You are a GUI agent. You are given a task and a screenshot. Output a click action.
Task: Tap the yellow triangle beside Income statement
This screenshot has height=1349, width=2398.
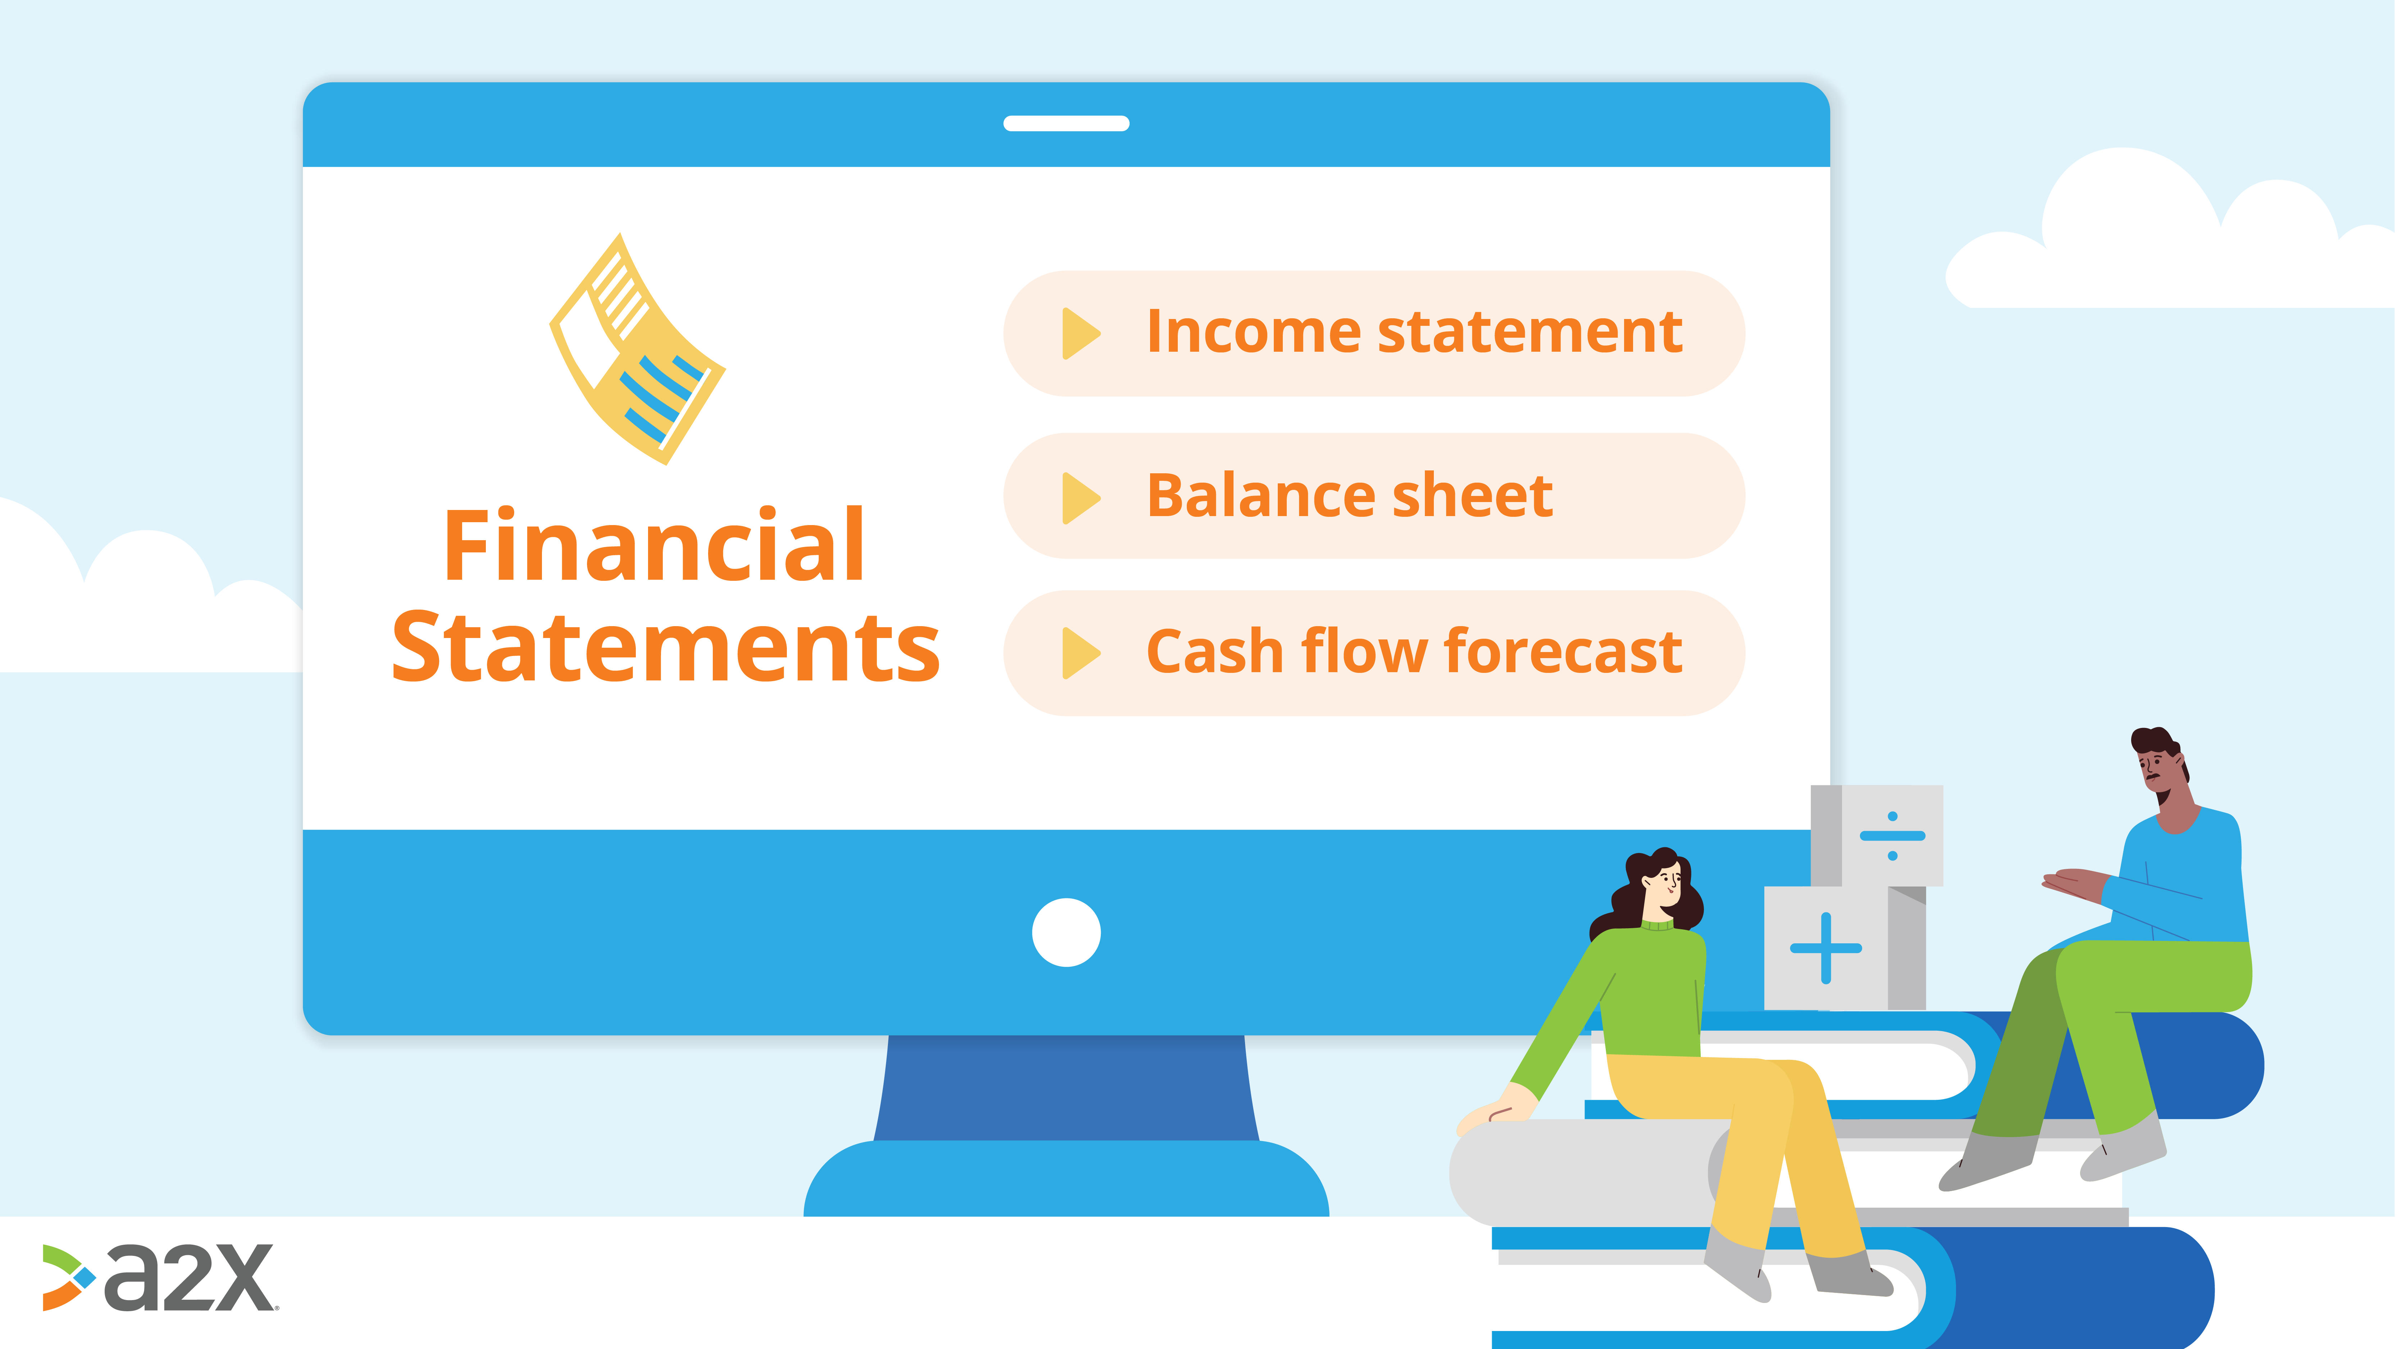(x=1081, y=333)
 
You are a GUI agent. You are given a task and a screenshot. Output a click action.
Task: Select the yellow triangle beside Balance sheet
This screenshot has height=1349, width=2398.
(x=1081, y=497)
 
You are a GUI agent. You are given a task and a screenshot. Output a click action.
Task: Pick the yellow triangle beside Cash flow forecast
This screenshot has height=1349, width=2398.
(x=1081, y=653)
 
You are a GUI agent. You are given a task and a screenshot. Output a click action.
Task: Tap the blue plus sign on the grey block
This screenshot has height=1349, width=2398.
(x=1825, y=948)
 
